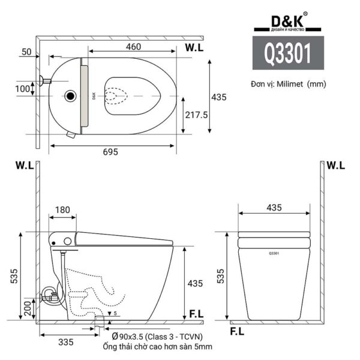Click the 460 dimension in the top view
click(134, 46)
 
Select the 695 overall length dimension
click(110, 152)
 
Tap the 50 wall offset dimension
click(26, 52)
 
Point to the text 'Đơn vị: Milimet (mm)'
click(289, 84)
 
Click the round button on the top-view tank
click(71, 95)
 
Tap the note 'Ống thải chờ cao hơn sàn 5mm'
click(158, 347)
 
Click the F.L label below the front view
click(237, 331)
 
